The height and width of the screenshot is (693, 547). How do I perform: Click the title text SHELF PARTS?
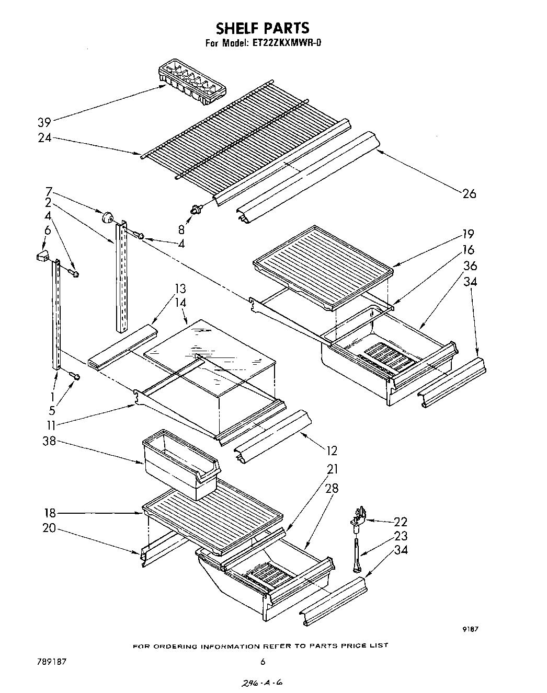point(263,28)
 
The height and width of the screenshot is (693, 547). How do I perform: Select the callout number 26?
point(469,193)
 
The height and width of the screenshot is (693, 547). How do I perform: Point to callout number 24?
point(44,138)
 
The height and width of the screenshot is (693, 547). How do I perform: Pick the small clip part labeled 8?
point(197,210)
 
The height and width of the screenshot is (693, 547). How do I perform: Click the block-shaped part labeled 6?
point(42,256)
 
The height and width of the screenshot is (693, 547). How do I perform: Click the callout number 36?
point(470,266)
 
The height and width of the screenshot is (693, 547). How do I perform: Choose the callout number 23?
point(414,536)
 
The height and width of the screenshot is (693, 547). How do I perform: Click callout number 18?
point(50,513)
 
